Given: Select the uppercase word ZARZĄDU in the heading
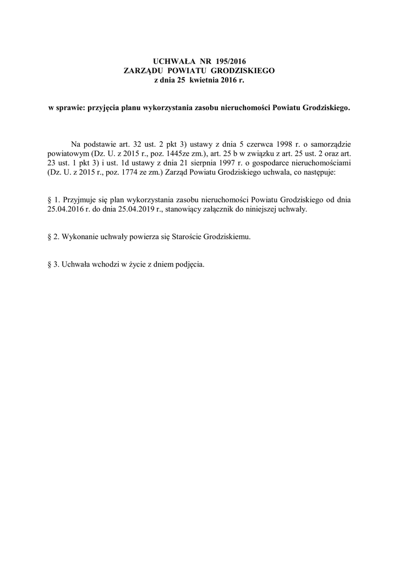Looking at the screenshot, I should coord(147,71).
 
